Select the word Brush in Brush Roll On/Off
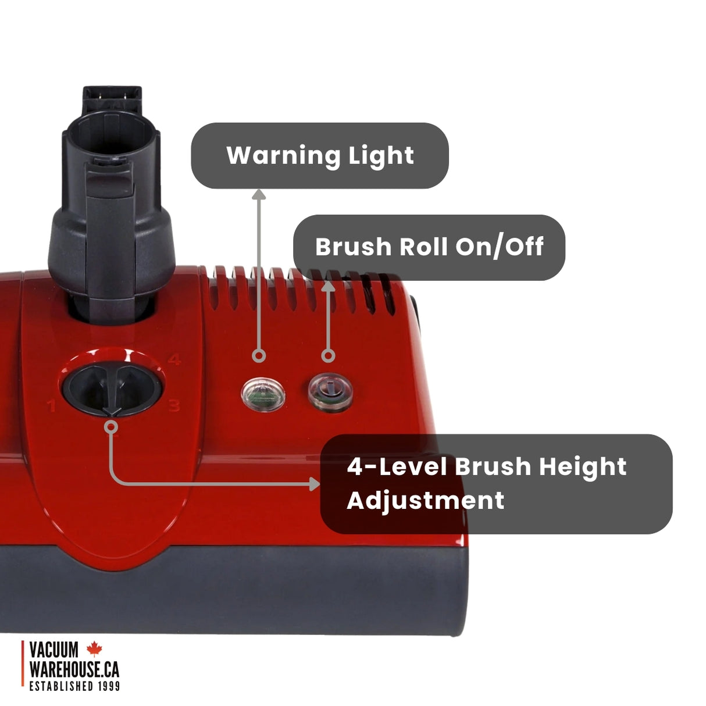coord(353,247)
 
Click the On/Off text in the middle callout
coord(499,247)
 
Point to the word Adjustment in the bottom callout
coord(425,500)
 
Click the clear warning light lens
coord(263,394)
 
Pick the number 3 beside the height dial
coord(174,405)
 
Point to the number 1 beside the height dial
coord(52,405)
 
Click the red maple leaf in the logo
coord(94,648)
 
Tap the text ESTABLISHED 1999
coord(74,686)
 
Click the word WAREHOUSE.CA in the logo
coord(74,669)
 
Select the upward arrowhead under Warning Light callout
coord(259,194)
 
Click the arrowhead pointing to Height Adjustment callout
coord(314,483)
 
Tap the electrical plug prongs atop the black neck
coord(112,94)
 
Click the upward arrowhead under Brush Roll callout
coord(329,286)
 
